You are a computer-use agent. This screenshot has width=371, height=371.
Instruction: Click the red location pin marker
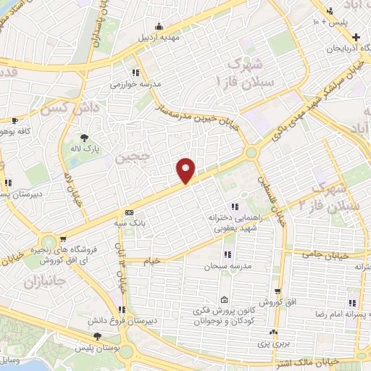point(186,170)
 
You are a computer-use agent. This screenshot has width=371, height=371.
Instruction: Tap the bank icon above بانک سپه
point(129,212)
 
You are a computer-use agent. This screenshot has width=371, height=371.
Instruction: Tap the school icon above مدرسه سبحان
point(228,254)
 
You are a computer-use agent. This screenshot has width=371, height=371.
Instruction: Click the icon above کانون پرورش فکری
point(224,300)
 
